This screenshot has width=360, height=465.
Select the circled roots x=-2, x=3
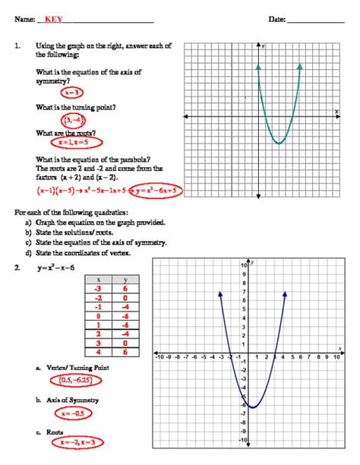point(74,443)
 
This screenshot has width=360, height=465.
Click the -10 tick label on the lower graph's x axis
point(160,356)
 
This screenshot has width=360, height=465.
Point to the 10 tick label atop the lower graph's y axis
point(244,264)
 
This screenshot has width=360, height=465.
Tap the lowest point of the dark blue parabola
point(254,408)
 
